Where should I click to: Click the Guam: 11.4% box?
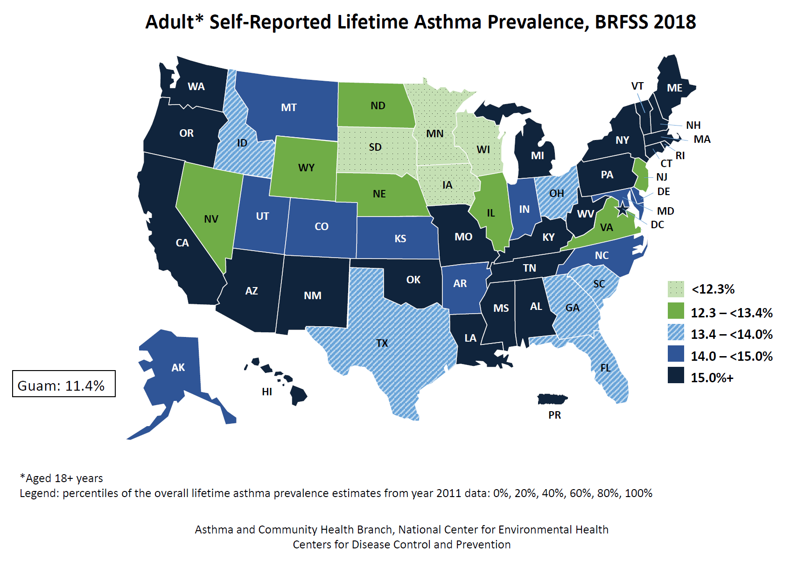click(63, 384)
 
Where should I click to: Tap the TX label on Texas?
click(382, 344)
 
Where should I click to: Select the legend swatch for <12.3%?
click(675, 289)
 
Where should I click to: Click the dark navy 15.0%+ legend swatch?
click(675, 375)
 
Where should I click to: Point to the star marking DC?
click(622, 210)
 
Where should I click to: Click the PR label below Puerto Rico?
click(554, 415)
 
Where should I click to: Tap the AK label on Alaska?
click(178, 368)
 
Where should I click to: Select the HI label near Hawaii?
click(266, 392)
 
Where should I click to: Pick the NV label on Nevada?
click(211, 219)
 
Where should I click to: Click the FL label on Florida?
click(605, 368)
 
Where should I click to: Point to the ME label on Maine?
click(674, 88)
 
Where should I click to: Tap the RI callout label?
click(680, 155)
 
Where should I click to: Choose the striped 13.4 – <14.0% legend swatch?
click(675, 332)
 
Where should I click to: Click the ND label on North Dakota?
click(378, 106)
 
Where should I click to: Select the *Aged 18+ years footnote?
click(61, 478)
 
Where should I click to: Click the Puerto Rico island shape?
click(552, 399)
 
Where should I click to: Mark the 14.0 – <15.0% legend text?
click(731, 356)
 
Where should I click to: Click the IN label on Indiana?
click(524, 209)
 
